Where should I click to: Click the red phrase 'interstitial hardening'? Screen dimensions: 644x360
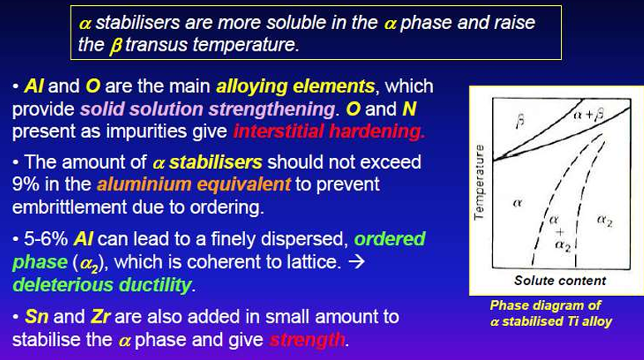tap(328, 132)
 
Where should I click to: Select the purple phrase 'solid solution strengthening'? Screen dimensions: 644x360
tap(208, 110)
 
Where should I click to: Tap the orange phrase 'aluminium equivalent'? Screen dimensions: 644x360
tap(194, 185)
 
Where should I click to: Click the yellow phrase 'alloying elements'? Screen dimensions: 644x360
tap(295, 86)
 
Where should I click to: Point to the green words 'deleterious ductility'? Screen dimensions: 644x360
tap(102, 285)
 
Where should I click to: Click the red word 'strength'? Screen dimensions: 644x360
tap(307, 340)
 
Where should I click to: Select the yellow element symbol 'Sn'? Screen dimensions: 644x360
tap(36, 317)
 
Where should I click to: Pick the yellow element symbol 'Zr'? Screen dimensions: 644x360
tap(101, 317)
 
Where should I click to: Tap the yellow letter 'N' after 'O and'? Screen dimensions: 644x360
tap(409, 109)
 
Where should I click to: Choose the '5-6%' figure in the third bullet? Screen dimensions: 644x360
tap(46, 239)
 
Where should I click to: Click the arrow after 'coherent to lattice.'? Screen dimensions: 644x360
tap(356, 262)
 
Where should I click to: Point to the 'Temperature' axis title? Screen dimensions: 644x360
tap(479, 182)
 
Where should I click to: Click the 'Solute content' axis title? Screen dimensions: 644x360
tap(560, 281)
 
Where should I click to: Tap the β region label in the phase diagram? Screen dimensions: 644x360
tap(519, 121)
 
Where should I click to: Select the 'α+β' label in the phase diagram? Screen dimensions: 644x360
tap(588, 114)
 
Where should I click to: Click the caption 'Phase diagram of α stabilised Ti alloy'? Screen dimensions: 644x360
tap(551, 313)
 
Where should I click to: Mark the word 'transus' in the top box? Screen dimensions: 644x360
tap(156, 45)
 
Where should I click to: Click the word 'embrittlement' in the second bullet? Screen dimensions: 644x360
tap(69, 207)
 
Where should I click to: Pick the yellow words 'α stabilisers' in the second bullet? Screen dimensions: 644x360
tap(208, 162)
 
